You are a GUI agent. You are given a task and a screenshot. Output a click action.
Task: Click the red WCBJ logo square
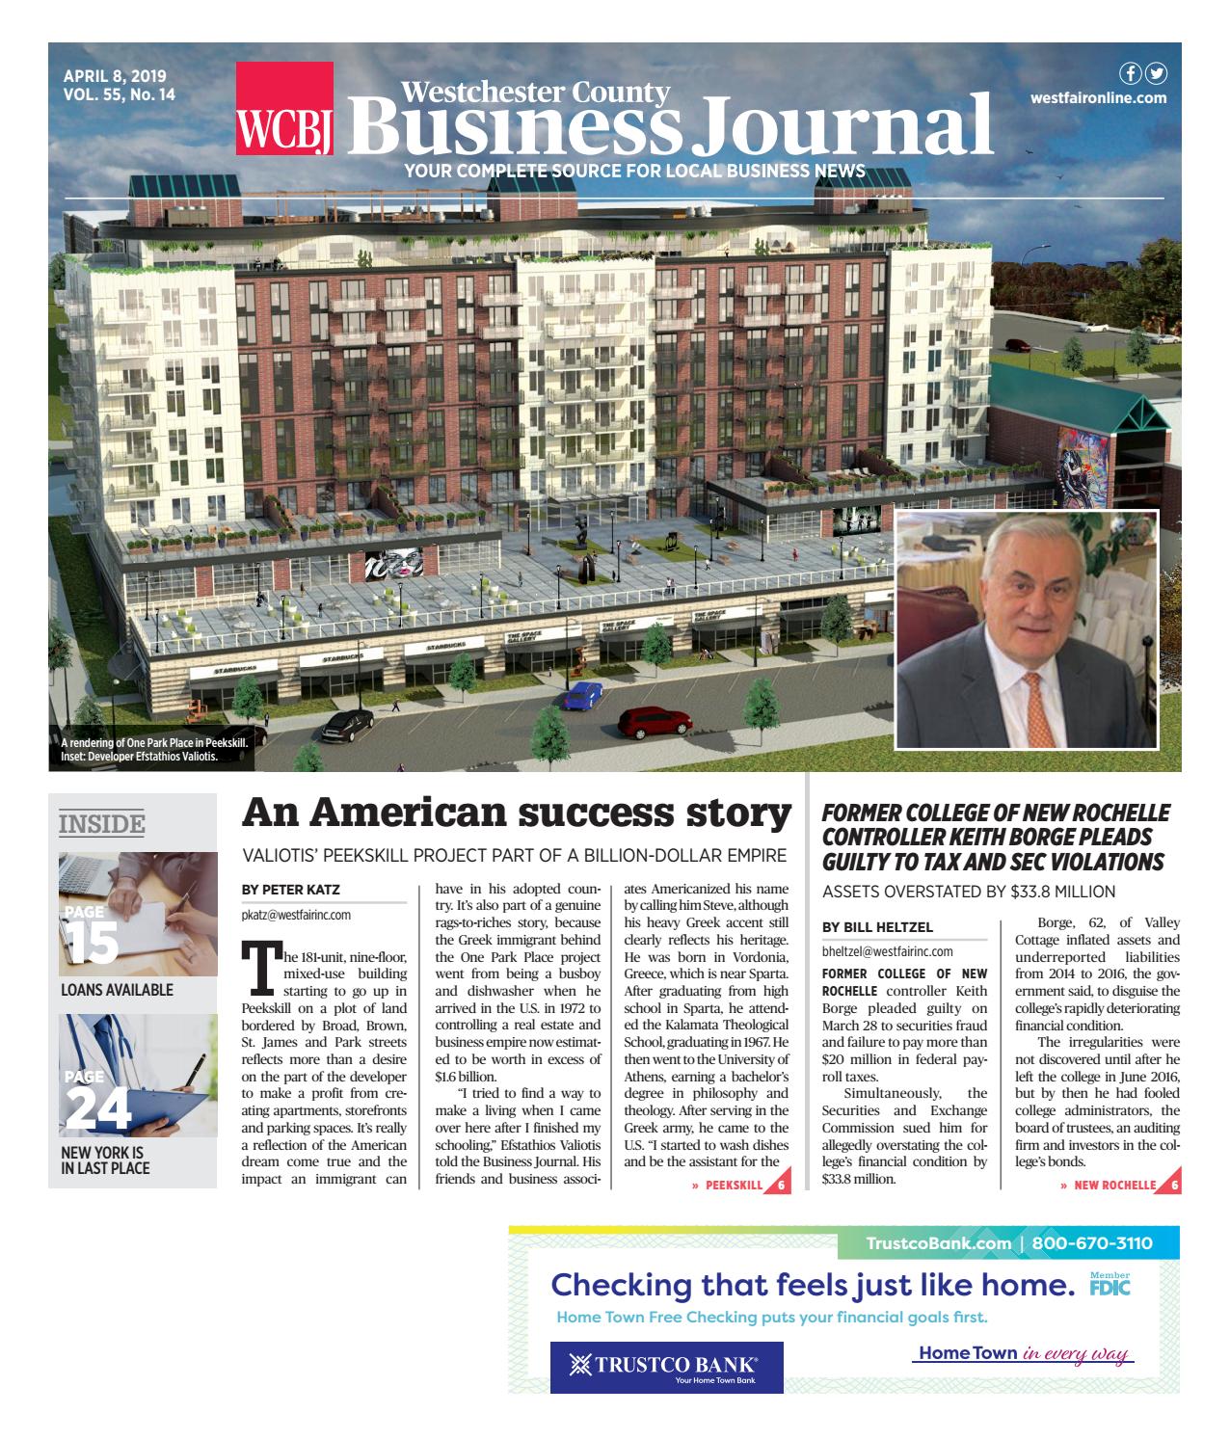click(284, 107)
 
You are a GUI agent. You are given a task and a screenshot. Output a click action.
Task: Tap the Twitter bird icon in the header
click(1155, 74)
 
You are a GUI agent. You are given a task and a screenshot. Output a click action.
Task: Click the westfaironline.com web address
click(1098, 97)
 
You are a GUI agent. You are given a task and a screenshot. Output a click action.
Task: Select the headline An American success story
click(516, 813)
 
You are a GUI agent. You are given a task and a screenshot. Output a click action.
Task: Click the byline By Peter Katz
click(290, 890)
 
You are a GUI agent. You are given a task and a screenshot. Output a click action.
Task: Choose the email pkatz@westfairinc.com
click(295, 915)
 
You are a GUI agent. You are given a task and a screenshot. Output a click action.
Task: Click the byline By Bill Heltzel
click(877, 927)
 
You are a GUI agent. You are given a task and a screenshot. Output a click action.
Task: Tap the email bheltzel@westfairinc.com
click(887, 951)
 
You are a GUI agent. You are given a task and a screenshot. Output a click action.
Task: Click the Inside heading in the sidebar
click(101, 824)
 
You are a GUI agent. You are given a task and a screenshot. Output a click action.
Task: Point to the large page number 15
click(93, 942)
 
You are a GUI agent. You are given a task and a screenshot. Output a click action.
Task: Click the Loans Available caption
click(117, 990)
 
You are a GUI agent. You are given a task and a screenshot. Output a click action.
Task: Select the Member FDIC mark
click(1110, 1285)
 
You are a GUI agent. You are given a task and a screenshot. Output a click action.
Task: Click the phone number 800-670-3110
click(1091, 1243)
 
